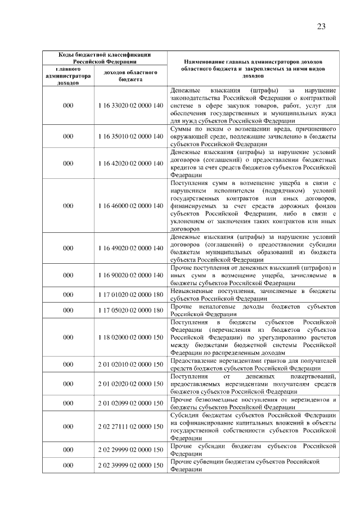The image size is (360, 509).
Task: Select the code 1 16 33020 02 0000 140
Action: pyautogui.click(x=130, y=105)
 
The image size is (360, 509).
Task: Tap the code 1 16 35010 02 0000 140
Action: pyautogui.click(x=130, y=136)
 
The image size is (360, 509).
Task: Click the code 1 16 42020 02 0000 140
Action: pyautogui.click(x=130, y=163)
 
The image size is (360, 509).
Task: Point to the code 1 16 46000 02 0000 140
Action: pyautogui.click(x=130, y=206)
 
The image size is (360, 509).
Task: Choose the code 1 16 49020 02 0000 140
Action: pyautogui.click(x=130, y=248)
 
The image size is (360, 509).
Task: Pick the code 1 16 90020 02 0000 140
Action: pyautogui.click(x=130, y=275)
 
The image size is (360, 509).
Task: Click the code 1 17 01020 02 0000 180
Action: pyautogui.click(x=130, y=295)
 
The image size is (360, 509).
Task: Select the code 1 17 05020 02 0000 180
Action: pyautogui.click(x=130, y=310)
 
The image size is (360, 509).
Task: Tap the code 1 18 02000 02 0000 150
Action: pyautogui.click(x=130, y=337)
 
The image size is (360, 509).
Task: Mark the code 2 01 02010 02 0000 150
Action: pyautogui.click(x=130, y=364)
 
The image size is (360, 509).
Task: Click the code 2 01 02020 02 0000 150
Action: pyautogui.click(x=130, y=384)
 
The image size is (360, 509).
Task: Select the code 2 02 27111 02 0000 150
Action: pyautogui.click(x=130, y=426)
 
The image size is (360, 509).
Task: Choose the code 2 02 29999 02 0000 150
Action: pyautogui.click(x=130, y=449)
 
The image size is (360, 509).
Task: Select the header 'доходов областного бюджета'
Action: pyautogui.click(x=130, y=76)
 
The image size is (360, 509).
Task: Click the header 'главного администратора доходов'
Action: pyautogui.click(x=68, y=76)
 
